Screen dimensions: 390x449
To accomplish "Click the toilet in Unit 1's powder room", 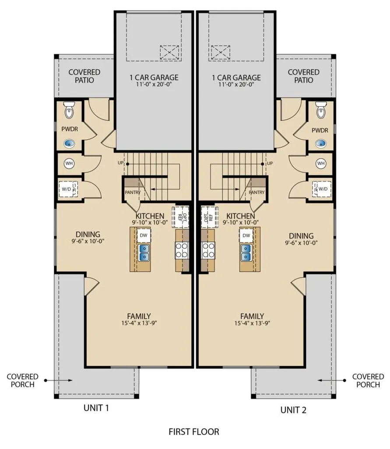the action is [69, 110].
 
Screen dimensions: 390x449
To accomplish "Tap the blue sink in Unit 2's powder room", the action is [321, 143].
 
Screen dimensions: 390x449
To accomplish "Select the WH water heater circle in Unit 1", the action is [69, 164].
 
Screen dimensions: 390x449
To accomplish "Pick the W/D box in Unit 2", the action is [322, 189].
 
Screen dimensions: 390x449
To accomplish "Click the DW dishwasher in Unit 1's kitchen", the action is [144, 235].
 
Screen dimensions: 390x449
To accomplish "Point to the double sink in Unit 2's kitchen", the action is [246, 253].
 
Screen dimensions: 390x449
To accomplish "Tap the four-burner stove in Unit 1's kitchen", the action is [182, 250].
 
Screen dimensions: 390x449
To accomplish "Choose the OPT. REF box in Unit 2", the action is [208, 217].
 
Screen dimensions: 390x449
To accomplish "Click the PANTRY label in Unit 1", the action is [133, 192].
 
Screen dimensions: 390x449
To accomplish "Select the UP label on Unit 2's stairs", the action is [270, 163].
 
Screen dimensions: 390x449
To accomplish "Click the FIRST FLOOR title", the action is [194, 431].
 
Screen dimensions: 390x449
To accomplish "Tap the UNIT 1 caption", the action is [96, 408].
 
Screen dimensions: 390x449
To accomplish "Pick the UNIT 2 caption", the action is [293, 410].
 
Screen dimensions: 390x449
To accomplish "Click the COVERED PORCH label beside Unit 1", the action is [23, 381].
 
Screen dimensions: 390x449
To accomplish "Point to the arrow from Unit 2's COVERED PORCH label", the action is [332, 380].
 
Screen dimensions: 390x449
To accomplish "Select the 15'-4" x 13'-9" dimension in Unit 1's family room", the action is [139, 323].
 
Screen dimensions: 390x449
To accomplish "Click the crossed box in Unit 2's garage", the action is [220, 53].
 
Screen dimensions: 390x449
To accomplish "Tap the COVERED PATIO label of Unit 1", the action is [84, 76].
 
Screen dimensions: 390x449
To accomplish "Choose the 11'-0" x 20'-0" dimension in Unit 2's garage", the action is [236, 85].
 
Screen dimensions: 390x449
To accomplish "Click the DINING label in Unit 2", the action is [301, 236].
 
